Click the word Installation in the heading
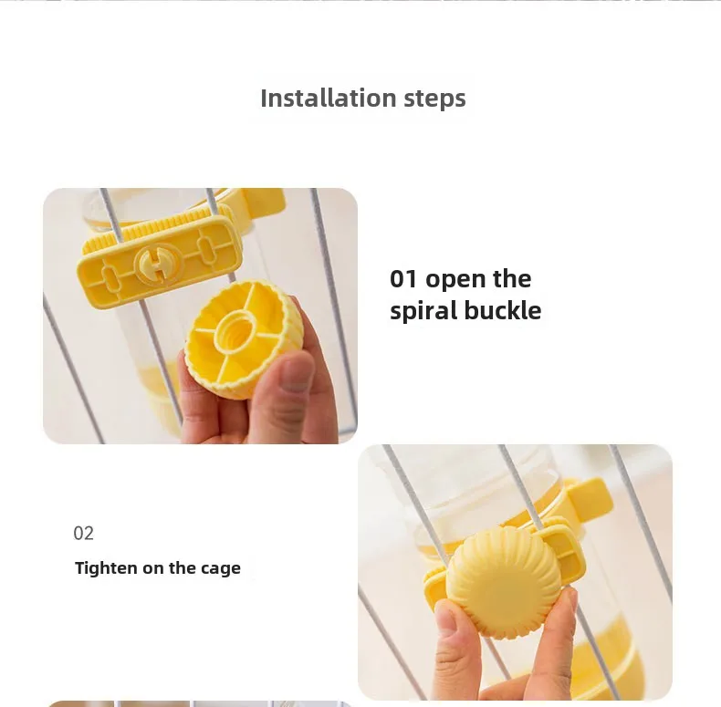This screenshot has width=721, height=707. [x=329, y=98]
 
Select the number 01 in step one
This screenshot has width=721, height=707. [x=403, y=278]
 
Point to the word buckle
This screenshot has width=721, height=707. [x=503, y=310]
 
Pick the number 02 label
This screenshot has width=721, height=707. [x=83, y=534]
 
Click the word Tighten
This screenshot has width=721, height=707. [x=106, y=568]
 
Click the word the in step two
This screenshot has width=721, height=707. [x=183, y=568]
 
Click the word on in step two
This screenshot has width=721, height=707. [x=152, y=569]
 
